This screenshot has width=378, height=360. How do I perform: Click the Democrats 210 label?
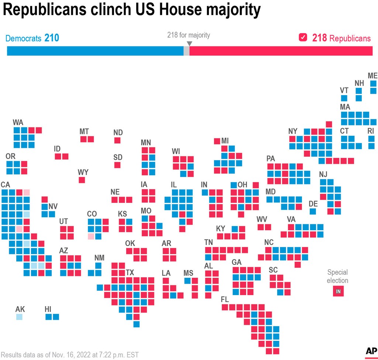click(32, 38)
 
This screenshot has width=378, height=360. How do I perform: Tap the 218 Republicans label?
click(341, 38)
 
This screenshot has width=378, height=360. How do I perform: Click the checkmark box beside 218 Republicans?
click(303, 38)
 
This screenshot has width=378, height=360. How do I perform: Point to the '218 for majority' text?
click(189, 35)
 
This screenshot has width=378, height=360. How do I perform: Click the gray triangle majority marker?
click(189, 44)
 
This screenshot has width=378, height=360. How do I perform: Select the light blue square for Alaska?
click(19, 317)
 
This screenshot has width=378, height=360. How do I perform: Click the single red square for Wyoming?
click(82, 180)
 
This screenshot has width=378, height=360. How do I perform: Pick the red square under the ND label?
click(117, 141)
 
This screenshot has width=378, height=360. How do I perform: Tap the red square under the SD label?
click(117, 165)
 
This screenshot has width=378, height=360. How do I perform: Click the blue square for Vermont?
click(344, 98)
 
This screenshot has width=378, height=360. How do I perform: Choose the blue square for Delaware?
click(313, 212)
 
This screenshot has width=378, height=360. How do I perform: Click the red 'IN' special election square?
click(337, 291)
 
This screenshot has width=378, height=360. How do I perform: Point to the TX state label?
click(130, 273)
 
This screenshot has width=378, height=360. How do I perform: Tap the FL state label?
click(225, 299)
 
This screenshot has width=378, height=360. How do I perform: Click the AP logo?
click(370, 352)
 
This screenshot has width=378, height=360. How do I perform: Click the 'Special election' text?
click(337, 276)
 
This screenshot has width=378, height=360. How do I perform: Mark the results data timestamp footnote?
click(70, 355)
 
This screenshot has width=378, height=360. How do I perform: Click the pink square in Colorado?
click(91, 236)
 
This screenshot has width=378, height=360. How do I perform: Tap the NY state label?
click(293, 131)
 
